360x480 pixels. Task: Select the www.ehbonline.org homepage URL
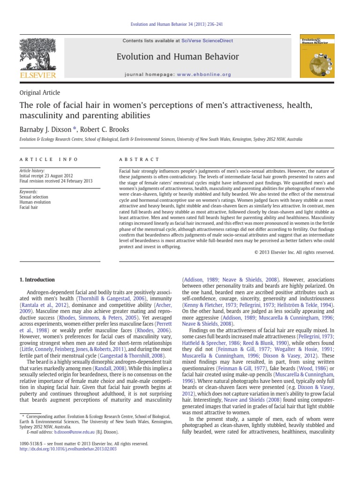coord(206,75)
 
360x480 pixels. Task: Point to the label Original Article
coord(39,93)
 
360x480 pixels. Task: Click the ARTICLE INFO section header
coord(42,159)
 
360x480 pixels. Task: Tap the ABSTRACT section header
coord(139,159)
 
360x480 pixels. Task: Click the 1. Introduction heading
coord(37,280)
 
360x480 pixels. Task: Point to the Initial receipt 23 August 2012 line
coord(45,176)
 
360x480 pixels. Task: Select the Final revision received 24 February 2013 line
coord(55,181)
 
